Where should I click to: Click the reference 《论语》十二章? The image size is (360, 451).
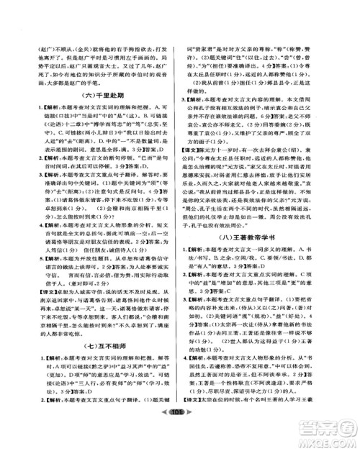click(50, 123)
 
